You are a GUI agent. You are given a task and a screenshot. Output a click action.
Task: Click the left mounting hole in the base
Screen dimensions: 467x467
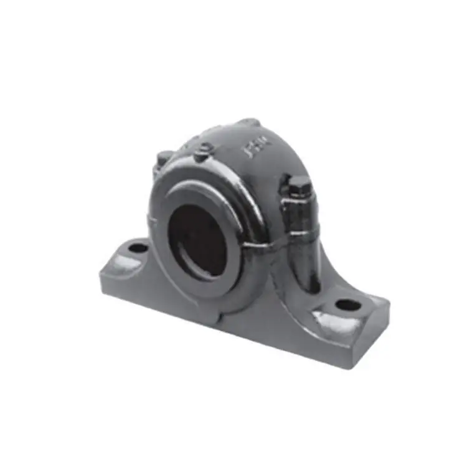click(138, 248)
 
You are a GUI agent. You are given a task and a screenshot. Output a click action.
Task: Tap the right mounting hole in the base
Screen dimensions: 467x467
click(347, 305)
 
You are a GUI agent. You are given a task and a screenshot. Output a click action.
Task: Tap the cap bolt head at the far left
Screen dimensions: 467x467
click(163, 158)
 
